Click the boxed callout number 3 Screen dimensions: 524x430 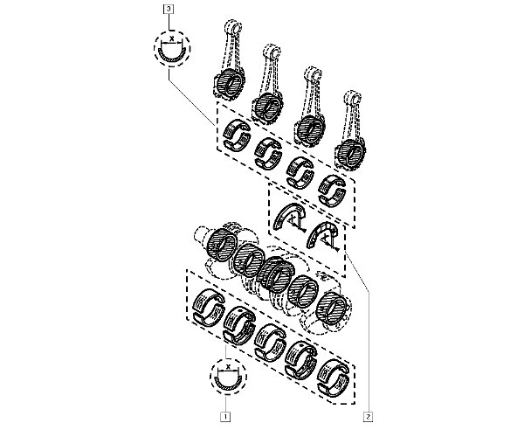(169, 9)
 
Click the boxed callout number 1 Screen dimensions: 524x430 (225, 417)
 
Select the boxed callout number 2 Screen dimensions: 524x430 (369, 417)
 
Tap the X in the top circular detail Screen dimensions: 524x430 (172, 39)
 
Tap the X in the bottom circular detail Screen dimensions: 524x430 (228, 366)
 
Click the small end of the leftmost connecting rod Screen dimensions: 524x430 (233, 27)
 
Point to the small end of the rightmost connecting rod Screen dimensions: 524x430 (354, 97)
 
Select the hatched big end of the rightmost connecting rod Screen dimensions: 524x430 (350, 153)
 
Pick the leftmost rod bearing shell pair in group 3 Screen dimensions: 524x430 (237, 134)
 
